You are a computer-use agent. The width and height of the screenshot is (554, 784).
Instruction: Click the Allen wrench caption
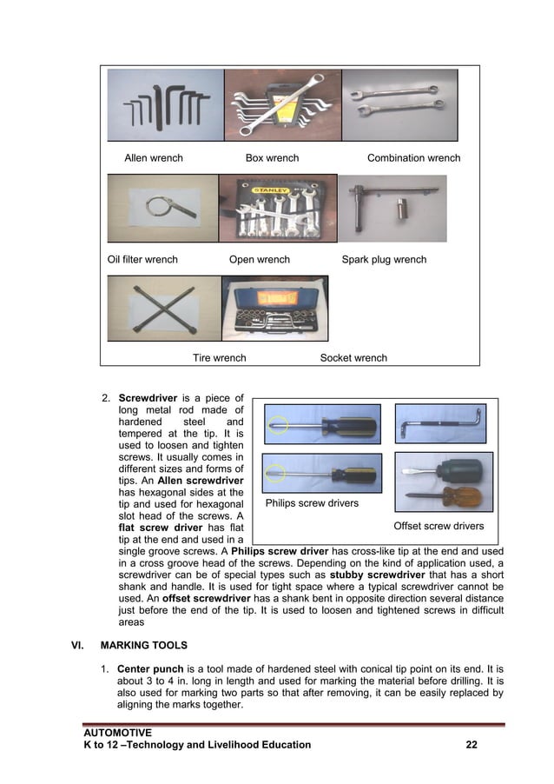coord(154,158)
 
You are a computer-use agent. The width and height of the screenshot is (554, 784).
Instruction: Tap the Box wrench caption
coord(272,158)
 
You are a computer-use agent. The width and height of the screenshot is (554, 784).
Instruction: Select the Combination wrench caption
coord(413,158)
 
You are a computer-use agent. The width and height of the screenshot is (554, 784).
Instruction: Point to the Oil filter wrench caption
coord(142,259)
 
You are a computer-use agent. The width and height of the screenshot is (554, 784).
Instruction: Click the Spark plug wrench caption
coord(384,259)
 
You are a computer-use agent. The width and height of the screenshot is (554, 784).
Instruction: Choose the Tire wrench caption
coord(219,357)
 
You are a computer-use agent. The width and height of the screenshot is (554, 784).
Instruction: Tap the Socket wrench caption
coord(353,357)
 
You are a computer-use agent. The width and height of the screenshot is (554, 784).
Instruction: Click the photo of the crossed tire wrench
coord(163,309)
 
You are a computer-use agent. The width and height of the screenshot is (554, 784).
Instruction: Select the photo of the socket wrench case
coord(275,309)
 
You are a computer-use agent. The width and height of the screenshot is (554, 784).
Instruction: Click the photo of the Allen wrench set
coord(165,105)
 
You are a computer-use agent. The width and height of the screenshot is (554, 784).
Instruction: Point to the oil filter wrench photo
coord(162,208)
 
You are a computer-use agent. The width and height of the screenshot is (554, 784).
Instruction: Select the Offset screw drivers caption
coord(439,526)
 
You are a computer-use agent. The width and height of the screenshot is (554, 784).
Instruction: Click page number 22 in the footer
coord(472,745)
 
